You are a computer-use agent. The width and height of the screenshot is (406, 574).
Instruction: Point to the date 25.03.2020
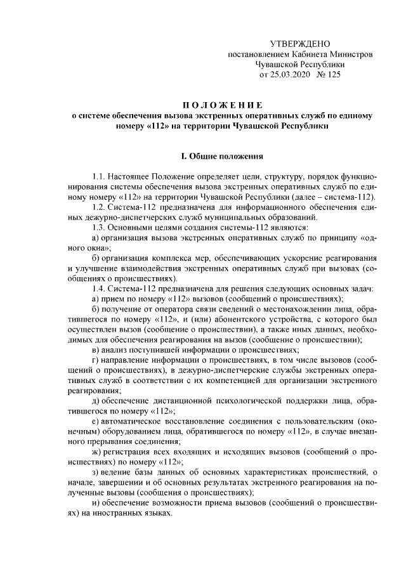[291, 75]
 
